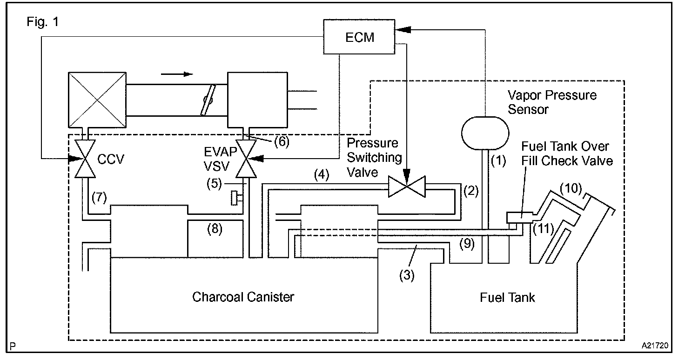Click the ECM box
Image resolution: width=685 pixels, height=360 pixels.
click(359, 37)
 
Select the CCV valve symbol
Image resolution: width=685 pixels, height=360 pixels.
click(85, 159)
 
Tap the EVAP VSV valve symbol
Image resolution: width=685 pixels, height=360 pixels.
click(246, 159)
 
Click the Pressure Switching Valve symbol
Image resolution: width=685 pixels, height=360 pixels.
click(407, 187)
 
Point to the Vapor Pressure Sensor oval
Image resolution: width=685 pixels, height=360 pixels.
click(485, 133)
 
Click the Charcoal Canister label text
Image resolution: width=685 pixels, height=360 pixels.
click(243, 297)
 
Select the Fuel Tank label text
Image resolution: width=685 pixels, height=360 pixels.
click(507, 297)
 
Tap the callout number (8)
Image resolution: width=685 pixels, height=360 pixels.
click(215, 229)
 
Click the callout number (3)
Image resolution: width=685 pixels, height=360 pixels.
click(407, 275)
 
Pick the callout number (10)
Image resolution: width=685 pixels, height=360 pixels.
click(571, 188)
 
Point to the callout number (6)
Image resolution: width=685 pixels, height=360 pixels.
click(282, 141)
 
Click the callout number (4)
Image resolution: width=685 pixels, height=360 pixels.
click(322, 175)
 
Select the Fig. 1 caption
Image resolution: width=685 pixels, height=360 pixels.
click(42, 22)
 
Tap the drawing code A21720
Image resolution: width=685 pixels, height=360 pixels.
click(655, 346)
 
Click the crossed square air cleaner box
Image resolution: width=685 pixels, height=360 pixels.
click(97, 100)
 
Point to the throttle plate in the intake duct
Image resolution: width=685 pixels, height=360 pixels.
click(208, 100)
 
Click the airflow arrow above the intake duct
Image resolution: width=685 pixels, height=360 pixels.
click(177, 74)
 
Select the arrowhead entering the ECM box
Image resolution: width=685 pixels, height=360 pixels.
click(403, 30)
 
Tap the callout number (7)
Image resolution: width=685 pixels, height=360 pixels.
click(99, 197)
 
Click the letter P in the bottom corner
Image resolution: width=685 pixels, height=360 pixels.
click(13, 347)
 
